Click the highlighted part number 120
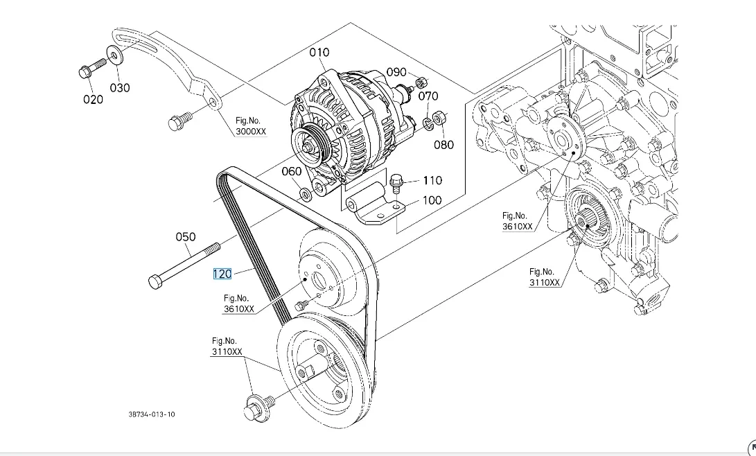point(222,274)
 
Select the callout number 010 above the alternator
point(319,52)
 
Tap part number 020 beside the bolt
point(93,99)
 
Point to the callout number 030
point(120,88)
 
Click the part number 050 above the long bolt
point(186,237)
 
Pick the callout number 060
point(291,171)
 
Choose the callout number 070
point(428,96)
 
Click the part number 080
point(443,145)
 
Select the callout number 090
point(396,72)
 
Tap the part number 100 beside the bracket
point(432,200)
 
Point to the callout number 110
point(432,180)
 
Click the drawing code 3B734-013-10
point(152,414)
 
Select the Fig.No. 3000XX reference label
point(251,126)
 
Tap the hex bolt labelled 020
point(92,68)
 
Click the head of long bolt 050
point(155,281)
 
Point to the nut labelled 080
point(438,116)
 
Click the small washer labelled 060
point(305,194)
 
